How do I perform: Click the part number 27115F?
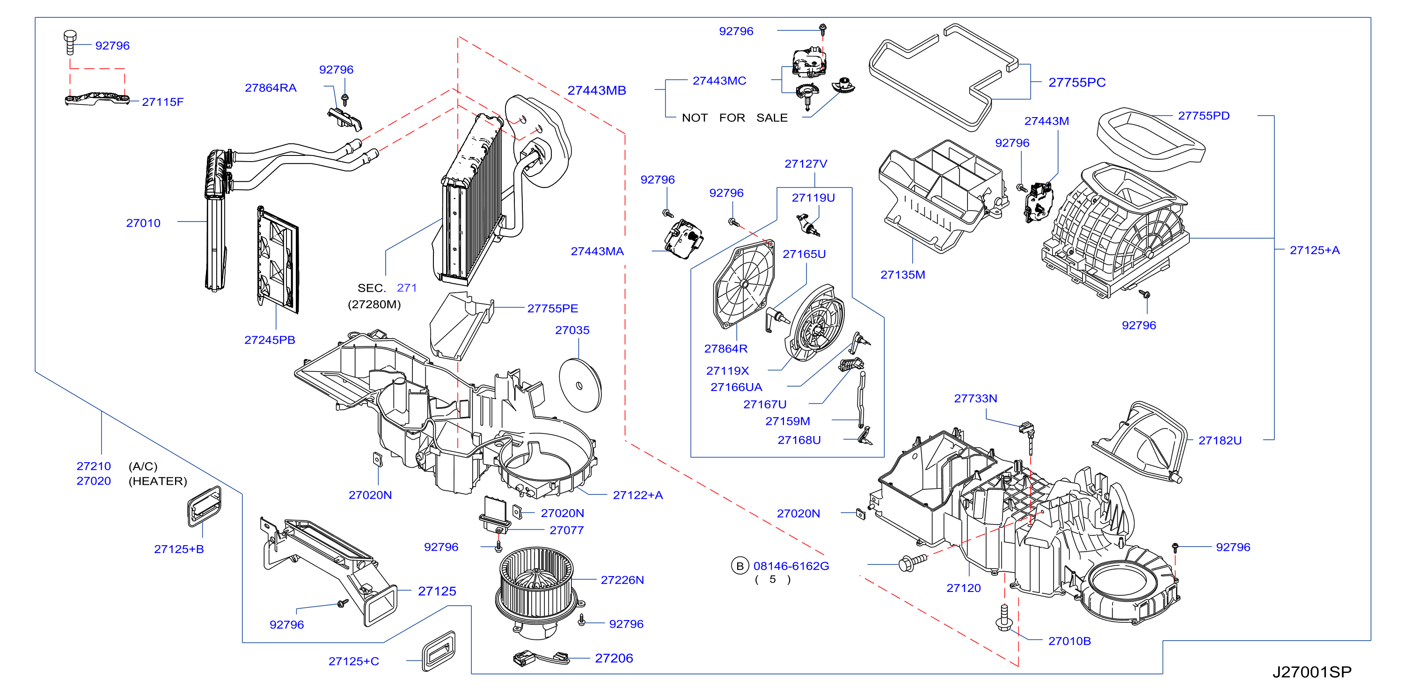163,102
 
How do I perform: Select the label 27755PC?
1076,82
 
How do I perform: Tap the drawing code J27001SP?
1311,672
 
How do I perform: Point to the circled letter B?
740,566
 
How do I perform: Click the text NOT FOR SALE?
735,118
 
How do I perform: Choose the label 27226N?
622,580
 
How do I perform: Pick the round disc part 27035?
580,385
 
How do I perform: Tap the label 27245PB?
270,340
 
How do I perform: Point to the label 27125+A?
1314,250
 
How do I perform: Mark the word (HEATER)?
158,481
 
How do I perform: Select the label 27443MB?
597,91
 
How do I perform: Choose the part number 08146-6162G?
791,566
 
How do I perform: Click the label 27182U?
1219,441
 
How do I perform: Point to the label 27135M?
903,274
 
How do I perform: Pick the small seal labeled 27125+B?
204,506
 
